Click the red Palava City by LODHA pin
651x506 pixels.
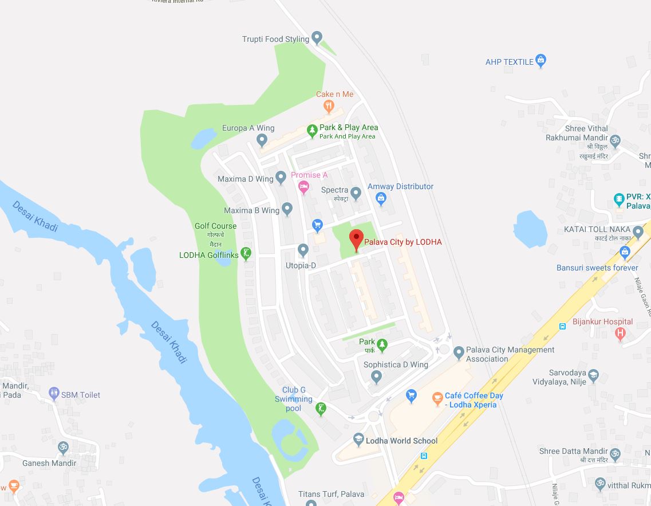pyautogui.click(x=356, y=239)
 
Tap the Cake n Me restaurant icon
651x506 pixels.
pyautogui.click(x=329, y=105)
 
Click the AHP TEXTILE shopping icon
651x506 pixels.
pyautogui.click(x=541, y=61)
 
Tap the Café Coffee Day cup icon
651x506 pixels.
pyautogui.click(x=437, y=397)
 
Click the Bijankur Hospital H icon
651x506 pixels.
pyautogui.click(x=620, y=333)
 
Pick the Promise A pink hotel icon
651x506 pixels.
pyautogui.click(x=304, y=186)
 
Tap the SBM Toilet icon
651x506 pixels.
pyautogui.click(x=54, y=394)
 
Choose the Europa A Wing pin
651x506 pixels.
pyautogui.click(x=262, y=139)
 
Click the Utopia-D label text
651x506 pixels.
pyautogui.click(x=301, y=265)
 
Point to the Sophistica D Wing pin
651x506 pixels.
pyautogui.click(x=376, y=376)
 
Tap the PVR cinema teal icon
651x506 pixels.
pyautogui.click(x=618, y=199)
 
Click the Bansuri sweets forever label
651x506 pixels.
pyautogui.click(x=597, y=268)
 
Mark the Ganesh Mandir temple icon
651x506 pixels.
pyautogui.click(x=63, y=446)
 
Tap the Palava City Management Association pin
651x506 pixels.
pyautogui.click(x=458, y=352)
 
